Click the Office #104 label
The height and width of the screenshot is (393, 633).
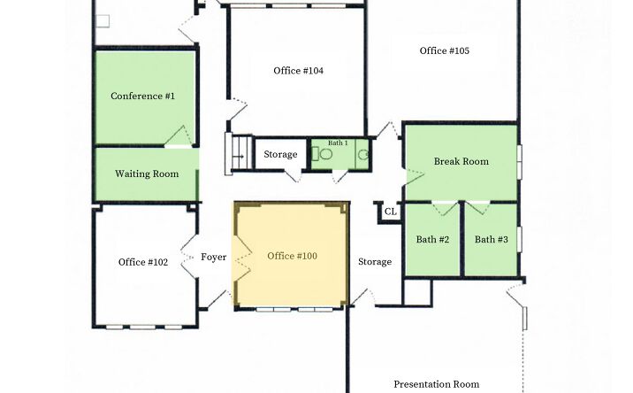(298, 71)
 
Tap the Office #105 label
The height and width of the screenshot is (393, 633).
(444, 50)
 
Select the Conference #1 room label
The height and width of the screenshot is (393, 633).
(142, 96)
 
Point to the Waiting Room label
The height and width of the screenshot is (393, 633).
(147, 173)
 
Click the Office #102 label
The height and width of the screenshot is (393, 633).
(143, 262)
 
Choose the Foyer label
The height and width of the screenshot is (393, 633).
(214, 258)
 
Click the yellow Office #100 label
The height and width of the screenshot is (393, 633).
(292, 256)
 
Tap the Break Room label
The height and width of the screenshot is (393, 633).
(461, 161)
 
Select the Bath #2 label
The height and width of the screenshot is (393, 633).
(432, 239)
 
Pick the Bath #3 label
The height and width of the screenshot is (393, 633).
(491, 239)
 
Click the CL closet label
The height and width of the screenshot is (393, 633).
(391, 212)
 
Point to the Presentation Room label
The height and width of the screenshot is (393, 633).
(437, 384)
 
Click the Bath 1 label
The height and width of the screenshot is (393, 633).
(338, 143)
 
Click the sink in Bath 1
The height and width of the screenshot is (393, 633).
(363, 154)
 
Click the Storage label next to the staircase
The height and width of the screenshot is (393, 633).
(280, 154)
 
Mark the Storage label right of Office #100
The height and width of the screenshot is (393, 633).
(375, 262)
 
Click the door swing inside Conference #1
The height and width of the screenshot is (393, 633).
(178, 135)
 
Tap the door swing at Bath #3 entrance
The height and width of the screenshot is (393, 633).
(477, 208)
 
